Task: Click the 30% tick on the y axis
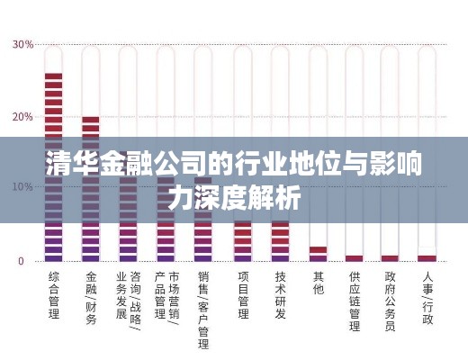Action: click(x=22, y=44)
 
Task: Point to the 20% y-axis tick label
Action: click(x=22, y=117)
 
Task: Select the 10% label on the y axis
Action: click(x=22, y=187)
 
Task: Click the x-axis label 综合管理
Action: click(x=53, y=296)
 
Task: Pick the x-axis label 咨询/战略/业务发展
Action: click(x=129, y=302)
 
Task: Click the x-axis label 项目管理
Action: click(x=242, y=296)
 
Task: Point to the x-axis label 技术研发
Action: click(x=281, y=296)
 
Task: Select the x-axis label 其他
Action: click(x=318, y=283)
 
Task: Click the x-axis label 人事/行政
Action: click(x=428, y=296)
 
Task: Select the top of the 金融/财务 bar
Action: click(x=91, y=119)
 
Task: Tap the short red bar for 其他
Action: click(x=318, y=250)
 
